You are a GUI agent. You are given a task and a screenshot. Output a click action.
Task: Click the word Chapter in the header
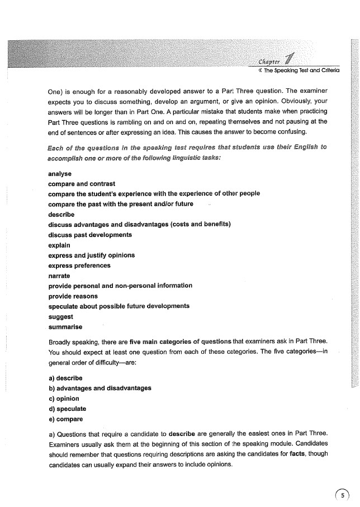[271, 61]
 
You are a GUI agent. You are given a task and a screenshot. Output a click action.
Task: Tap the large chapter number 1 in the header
[290, 59]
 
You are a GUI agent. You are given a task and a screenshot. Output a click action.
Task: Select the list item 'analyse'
[60, 174]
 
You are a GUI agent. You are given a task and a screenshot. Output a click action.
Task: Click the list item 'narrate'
[59, 276]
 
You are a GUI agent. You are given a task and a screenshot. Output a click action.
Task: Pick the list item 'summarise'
[65, 326]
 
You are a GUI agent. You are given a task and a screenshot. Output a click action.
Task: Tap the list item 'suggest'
[61, 316]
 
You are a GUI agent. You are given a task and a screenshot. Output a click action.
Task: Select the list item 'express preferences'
[79, 266]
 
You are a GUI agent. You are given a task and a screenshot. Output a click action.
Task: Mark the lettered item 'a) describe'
[65, 378]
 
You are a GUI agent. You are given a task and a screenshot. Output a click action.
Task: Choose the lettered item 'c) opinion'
[64, 399]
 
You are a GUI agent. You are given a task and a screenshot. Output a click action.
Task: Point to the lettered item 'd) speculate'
[68, 409]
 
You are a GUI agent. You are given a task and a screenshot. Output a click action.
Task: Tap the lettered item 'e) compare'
[66, 419]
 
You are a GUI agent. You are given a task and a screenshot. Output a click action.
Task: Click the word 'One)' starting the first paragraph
[58, 91]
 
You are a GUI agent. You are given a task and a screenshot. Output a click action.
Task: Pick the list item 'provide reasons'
[73, 296]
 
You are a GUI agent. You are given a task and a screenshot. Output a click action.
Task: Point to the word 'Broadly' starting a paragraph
[61, 341]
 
